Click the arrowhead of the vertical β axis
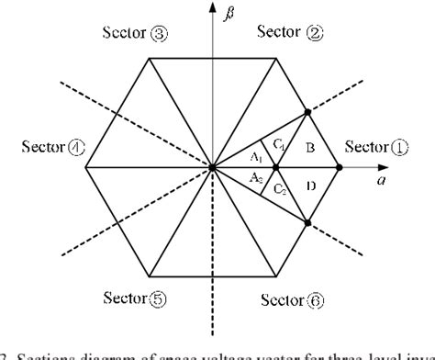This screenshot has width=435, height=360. point(212,9)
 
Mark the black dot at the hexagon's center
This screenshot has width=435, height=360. point(212,168)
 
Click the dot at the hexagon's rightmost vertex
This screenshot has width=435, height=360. point(339,168)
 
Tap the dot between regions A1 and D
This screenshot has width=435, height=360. point(275,168)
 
